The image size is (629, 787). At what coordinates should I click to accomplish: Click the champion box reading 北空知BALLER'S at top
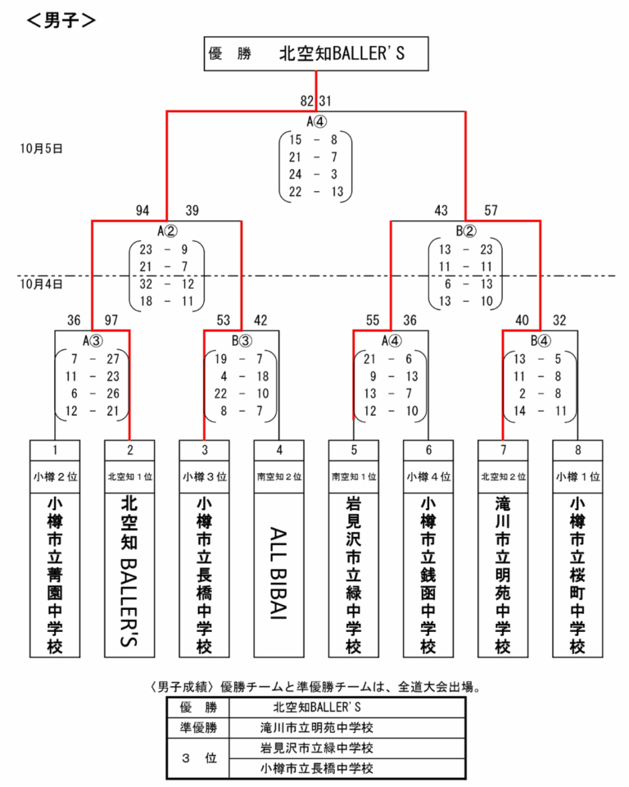tap(315, 54)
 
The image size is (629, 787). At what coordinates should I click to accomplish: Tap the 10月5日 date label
tap(42, 149)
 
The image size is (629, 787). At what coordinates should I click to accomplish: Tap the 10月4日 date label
tap(42, 284)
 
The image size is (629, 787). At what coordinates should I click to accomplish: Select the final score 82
tap(307, 101)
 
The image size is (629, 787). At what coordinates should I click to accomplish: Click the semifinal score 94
tap(143, 212)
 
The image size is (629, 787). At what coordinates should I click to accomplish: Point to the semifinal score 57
tap(491, 212)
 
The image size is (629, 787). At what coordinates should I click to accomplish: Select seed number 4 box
tap(279, 449)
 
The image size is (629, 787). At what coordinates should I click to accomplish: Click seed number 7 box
tap(504, 449)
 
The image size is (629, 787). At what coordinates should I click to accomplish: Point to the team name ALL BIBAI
tap(279, 573)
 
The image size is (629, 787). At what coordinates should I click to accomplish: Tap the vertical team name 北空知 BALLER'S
tap(129, 573)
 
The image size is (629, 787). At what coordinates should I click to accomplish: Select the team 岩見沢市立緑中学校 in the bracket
tap(354, 573)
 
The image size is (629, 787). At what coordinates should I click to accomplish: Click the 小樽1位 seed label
tap(578, 475)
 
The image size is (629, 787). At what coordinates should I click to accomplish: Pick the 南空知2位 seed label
tap(279, 475)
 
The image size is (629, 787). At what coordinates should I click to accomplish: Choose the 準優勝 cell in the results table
tap(199, 727)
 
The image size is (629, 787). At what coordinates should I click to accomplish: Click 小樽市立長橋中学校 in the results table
tap(316, 768)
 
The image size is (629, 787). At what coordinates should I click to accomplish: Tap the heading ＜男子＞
tap(61, 20)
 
